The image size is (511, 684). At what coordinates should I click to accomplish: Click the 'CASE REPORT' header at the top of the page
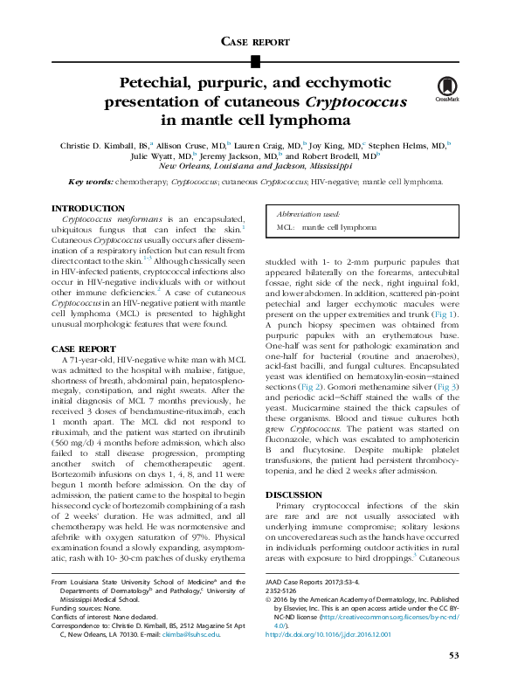[255, 41]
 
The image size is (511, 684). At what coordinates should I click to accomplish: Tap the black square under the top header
[255, 60]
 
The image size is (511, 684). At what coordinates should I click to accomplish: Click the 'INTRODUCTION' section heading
[87, 208]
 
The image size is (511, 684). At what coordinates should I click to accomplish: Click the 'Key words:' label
[90, 182]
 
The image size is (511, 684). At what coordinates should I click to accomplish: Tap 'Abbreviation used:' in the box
[308, 213]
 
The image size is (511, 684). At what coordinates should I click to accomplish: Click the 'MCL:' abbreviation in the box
[286, 226]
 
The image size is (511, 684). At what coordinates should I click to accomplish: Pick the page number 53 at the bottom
[453, 655]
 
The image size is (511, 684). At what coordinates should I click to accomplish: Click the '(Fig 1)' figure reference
[441, 313]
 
